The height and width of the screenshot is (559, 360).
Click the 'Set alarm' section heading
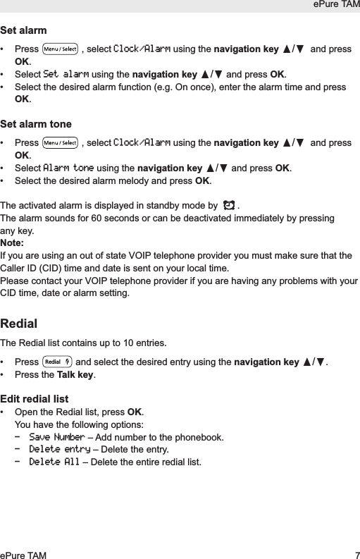[x=24, y=31]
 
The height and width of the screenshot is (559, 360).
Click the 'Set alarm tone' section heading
[x=36, y=124]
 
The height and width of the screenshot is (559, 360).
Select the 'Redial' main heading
[x=19, y=324]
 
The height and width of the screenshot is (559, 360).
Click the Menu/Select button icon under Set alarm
[x=60, y=50]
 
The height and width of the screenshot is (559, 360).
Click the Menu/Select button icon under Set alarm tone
[x=60, y=143]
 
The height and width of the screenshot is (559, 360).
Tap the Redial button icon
[x=56, y=362]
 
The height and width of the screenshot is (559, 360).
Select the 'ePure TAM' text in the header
[x=336, y=6]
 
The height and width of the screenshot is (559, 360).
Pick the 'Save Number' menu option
[x=56, y=437]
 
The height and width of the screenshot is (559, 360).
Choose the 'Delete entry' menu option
[x=59, y=449]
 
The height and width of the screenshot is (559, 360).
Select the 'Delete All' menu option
[x=54, y=462]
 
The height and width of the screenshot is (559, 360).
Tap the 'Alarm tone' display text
[x=68, y=168]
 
